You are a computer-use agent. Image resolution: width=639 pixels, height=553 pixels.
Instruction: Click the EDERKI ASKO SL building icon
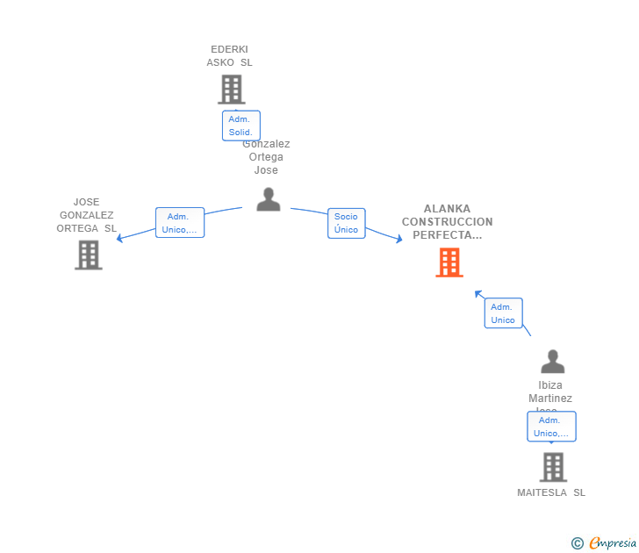[x=231, y=89]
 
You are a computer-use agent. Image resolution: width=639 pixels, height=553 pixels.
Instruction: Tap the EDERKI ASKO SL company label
[x=229, y=56]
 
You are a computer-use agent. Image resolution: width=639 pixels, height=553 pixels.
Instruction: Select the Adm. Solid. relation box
[x=241, y=126]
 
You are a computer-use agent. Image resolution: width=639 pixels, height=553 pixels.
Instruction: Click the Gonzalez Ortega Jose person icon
[x=268, y=198]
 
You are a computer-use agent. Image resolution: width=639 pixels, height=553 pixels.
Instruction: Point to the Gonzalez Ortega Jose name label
[x=266, y=158]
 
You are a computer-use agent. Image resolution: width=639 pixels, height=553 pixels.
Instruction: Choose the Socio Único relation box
[x=346, y=223]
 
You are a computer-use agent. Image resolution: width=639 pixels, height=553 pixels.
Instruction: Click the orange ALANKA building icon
[x=449, y=262]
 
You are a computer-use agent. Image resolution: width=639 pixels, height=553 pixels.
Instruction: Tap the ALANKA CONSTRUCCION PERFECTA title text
[x=448, y=222]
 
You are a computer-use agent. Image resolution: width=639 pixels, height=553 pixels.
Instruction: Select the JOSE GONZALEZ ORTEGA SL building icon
[x=88, y=255]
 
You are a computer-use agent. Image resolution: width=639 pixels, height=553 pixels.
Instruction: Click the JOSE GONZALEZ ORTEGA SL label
[x=87, y=215]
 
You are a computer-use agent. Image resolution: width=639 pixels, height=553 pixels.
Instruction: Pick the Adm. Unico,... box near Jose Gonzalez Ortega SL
[x=179, y=223]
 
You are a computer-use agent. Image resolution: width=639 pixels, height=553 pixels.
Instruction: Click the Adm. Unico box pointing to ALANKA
[x=503, y=313]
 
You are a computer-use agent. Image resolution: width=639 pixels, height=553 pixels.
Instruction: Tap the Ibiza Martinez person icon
[x=552, y=362]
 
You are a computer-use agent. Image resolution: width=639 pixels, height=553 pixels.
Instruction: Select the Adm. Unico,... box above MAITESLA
[x=551, y=427]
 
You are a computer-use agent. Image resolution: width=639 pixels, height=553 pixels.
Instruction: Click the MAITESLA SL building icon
[x=552, y=467]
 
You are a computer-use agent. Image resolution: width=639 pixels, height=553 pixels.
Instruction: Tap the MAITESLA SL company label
[x=551, y=492]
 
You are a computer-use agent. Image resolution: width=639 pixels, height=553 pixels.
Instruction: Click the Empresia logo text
[x=613, y=543]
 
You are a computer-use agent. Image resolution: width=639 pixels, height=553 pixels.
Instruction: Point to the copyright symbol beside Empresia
[x=578, y=544]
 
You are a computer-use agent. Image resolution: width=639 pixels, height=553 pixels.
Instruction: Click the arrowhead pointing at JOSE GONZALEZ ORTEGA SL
[x=121, y=238]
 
